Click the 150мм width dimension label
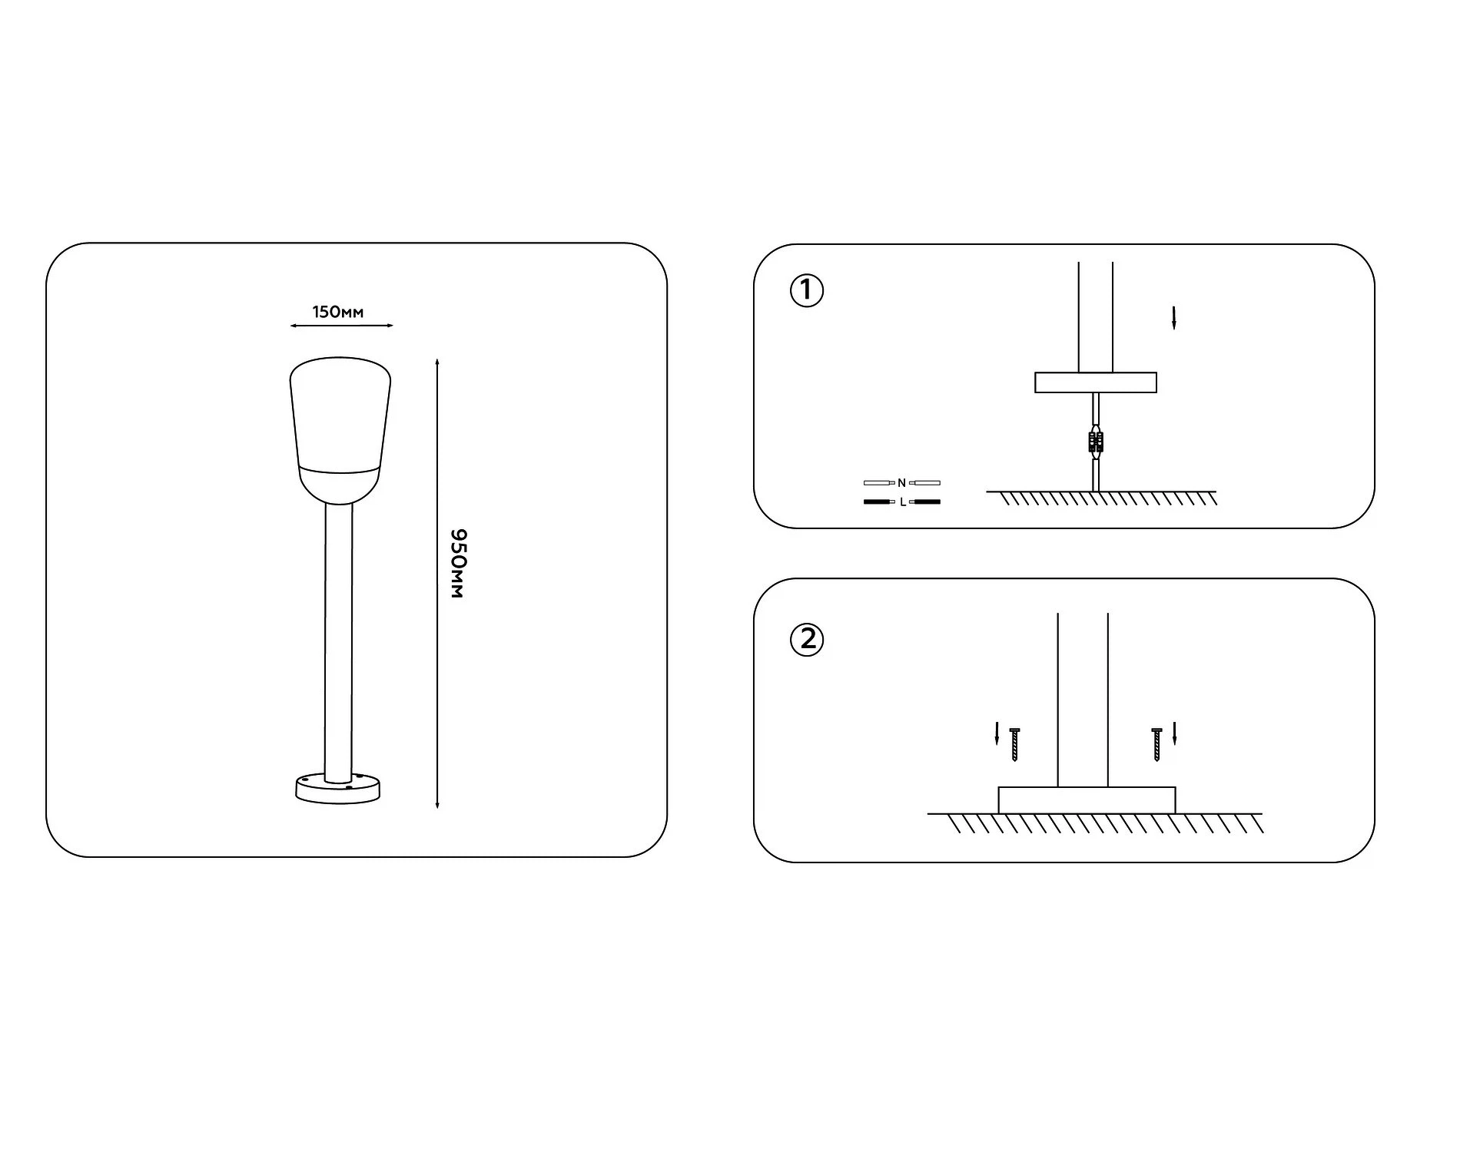[338, 312]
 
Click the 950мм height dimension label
[457, 563]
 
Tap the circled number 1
[806, 291]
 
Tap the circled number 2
[807, 639]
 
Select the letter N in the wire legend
[901, 483]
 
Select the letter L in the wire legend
[903, 502]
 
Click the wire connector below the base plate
[1096, 442]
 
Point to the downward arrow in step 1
[1173, 318]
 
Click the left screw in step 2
[1014, 744]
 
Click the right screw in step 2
[1157, 744]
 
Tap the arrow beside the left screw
[997, 733]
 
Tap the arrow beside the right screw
[1175, 733]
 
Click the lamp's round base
[338, 789]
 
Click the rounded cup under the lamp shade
[340, 484]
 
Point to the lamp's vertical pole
[339, 642]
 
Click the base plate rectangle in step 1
[1096, 382]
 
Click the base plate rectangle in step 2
[1087, 800]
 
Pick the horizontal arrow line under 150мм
[342, 326]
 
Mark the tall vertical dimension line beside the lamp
[437, 583]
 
